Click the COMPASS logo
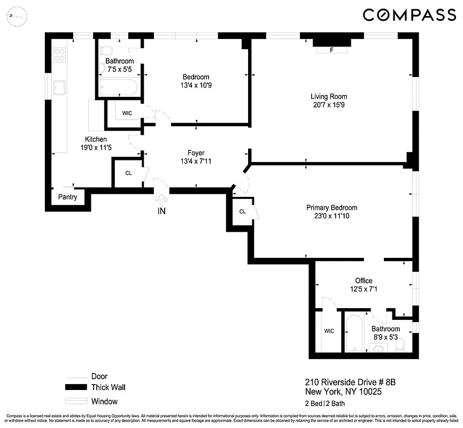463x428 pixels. tap(410, 15)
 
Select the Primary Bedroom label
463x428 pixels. tap(331, 208)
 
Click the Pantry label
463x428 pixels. tap(68, 197)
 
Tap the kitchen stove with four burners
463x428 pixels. tap(60, 54)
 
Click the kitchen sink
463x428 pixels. tap(59, 87)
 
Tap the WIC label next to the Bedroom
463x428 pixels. tap(127, 113)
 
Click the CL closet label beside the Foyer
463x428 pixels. tap(128, 173)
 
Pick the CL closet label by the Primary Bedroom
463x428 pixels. tap(242, 211)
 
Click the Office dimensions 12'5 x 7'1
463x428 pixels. tap(364, 289)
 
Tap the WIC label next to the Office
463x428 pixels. tap(329, 331)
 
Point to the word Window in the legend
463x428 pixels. tap(105, 401)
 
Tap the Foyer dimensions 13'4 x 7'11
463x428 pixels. tap(196, 161)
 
